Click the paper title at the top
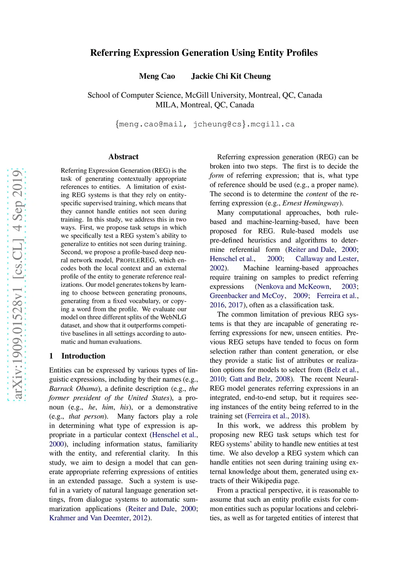tap(204, 53)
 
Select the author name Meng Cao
tap(157, 76)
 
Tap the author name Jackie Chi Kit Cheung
tap(231, 76)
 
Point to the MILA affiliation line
tap(205, 105)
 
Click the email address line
tap(205, 124)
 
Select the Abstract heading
tap(123, 157)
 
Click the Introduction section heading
tap(83, 356)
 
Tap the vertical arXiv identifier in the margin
tap(17, 285)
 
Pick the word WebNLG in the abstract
tap(173, 317)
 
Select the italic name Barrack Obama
tap(73, 389)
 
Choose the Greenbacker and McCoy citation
tap(247, 296)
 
